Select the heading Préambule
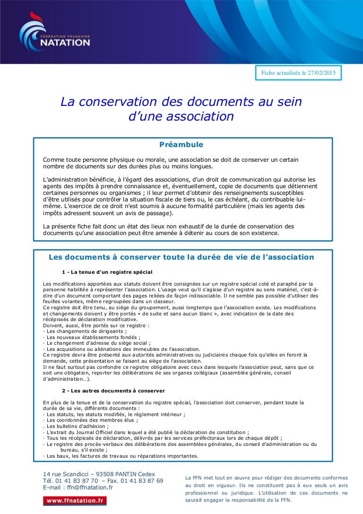tap(181, 144)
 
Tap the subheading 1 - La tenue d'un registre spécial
tap(107, 271)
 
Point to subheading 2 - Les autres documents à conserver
tap(113, 391)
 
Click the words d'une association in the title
tap(181, 116)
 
